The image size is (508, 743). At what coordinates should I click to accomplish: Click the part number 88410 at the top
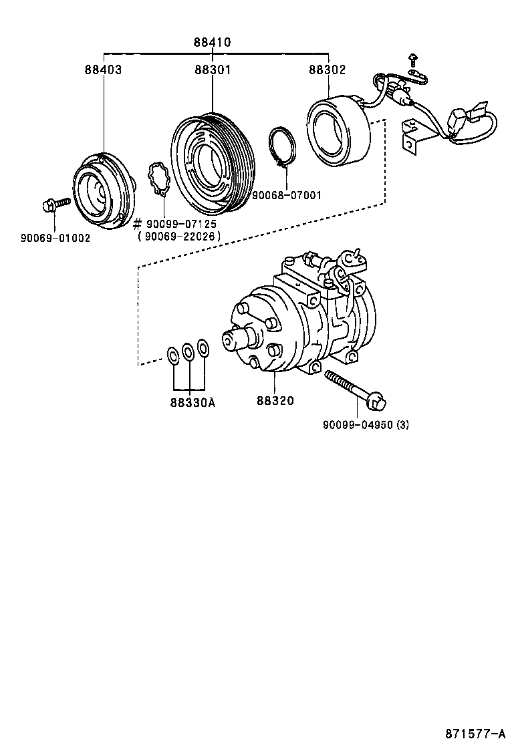(213, 42)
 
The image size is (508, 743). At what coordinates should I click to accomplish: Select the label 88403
(103, 69)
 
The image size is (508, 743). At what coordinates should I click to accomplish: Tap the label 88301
(213, 69)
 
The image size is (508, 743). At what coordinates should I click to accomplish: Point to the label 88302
(327, 69)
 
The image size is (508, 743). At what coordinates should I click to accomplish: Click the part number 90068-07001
(286, 196)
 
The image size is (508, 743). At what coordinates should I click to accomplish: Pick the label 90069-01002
(55, 237)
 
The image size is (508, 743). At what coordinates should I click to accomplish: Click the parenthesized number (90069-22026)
(178, 237)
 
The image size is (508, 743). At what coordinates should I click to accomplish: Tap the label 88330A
(193, 402)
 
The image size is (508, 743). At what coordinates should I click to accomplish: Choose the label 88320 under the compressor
(275, 401)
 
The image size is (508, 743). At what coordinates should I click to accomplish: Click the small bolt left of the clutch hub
(54, 204)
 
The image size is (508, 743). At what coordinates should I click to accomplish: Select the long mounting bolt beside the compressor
(355, 389)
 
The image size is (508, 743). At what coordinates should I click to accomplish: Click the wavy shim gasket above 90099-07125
(159, 180)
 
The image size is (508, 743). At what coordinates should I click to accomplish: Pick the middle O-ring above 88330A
(188, 351)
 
